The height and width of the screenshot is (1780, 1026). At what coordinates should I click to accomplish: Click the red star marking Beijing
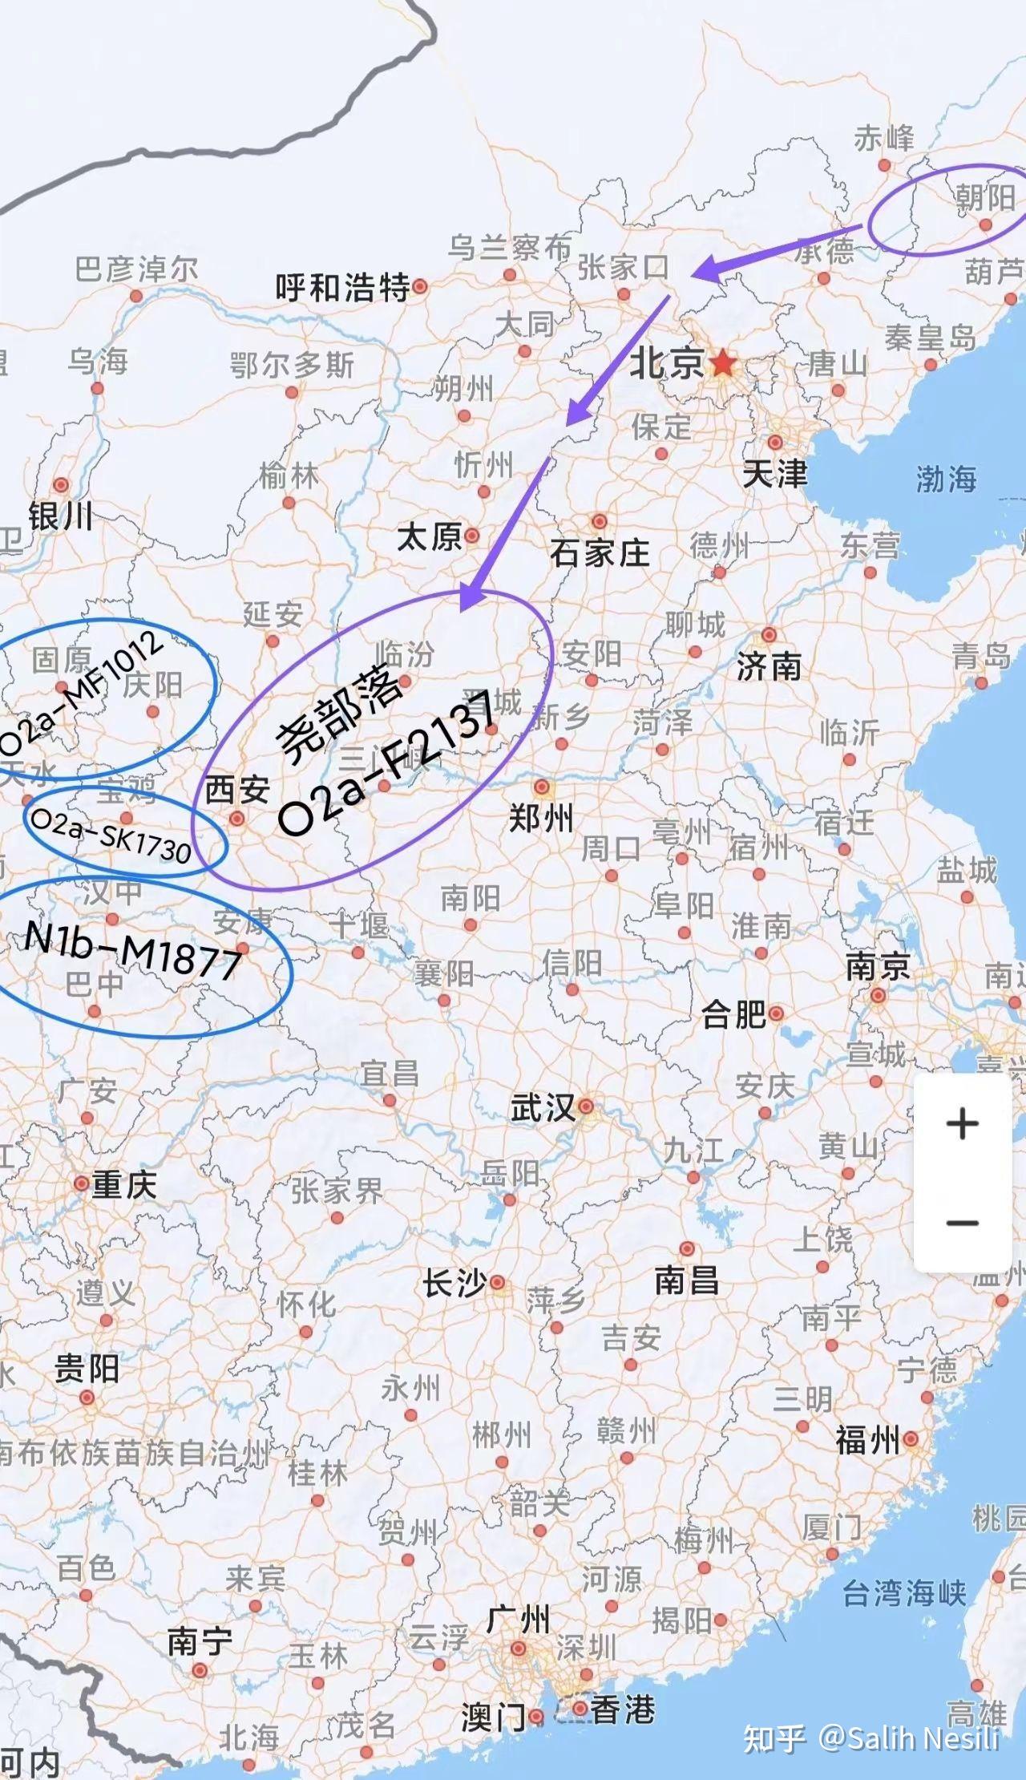(722, 363)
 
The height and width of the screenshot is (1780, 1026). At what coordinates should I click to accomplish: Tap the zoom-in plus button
(962, 1123)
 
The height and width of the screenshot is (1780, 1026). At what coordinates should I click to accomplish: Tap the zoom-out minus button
(962, 1223)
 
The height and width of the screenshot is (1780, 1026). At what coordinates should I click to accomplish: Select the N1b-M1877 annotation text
(133, 950)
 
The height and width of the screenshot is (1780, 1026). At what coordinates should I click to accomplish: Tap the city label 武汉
(543, 1108)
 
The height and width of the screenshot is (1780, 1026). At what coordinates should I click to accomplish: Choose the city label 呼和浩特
(342, 287)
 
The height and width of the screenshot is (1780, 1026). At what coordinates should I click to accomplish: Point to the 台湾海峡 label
(904, 1593)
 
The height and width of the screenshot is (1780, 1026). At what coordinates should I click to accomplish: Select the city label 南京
(878, 967)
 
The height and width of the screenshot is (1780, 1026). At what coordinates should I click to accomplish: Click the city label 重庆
(123, 1184)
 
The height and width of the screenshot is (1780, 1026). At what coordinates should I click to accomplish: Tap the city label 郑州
(541, 819)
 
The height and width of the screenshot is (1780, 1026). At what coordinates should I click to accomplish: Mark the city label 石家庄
(599, 552)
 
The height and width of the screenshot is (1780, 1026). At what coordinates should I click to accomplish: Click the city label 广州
(518, 1620)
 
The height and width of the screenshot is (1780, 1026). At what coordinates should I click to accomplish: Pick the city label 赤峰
(883, 139)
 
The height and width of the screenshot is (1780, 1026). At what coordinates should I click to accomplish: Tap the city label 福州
(867, 1441)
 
